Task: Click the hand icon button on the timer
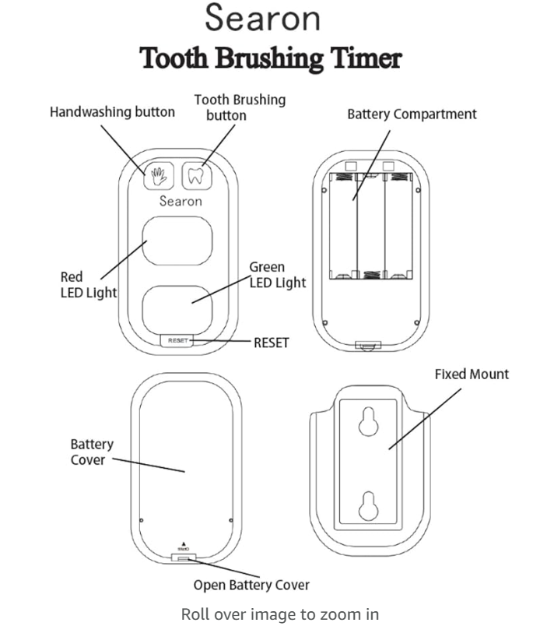(159, 176)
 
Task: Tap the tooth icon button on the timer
(196, 176)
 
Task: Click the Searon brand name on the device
(181, 201)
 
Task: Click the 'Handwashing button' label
(112, 112)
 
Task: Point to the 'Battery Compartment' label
(412, 114)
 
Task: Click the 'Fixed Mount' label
(472, 375)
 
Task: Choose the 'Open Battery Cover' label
(251, 585)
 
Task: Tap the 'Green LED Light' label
(277, 275)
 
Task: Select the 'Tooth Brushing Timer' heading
(270, 58)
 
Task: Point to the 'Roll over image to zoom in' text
(280, 614)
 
